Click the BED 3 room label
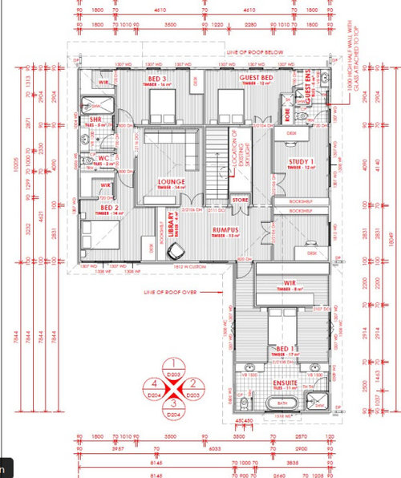coord(159,79)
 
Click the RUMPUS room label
coord(227,229)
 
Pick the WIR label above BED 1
coord(290,283)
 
